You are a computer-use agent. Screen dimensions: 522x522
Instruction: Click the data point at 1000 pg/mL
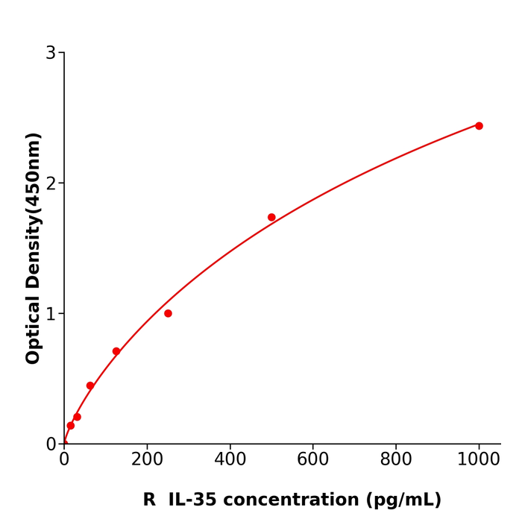pyautogui.click(x=479, y=126)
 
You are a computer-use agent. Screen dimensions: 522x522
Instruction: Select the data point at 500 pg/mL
pyautogui.click(x=271, y=218)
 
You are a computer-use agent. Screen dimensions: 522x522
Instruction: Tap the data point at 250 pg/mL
pyautogui.click(x=168, y=313)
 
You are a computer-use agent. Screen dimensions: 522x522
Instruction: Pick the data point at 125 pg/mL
pyautogui.click(x=116, y=351)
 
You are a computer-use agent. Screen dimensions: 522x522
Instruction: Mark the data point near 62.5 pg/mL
pyautogui.click(x=90, y=386)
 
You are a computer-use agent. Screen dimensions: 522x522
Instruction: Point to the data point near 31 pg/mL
pyautogui.click(x=77, y=417)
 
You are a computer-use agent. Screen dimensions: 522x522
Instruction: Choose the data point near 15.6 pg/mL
pyautogui.click(x=71, y=426)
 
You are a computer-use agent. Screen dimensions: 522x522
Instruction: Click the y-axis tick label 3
pyautogui.click(x=51, y=53)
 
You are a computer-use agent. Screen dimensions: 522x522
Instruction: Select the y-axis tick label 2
pyautogui.click(x=51, y=183)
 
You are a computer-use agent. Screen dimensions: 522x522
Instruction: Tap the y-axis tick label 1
pyautogui.click(x=51, y=314)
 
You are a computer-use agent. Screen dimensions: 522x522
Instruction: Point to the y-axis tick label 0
pyautogui.click(x=51, y=444)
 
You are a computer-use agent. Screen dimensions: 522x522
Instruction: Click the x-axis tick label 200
pyautogui.click(x=147, y=460)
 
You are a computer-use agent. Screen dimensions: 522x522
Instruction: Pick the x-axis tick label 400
pyautogui.click(x=230, y=460)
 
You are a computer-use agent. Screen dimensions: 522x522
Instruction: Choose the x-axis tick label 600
pyautogui.click(x=313, y=460)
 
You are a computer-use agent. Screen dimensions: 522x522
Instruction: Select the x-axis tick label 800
pyautogui.click(x=396, y=460)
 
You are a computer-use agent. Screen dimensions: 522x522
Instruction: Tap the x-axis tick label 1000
pyautogui.click(x=479, y=460)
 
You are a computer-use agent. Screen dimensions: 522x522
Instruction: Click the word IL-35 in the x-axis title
pyautogui.click(x=193, y=500)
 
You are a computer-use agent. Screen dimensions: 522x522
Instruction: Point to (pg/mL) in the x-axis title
pyautogui.click(x=402, y=500)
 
